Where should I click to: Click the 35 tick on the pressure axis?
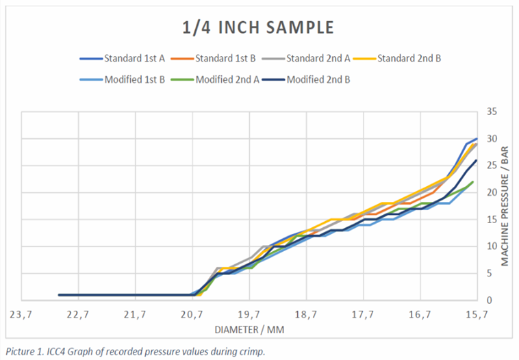click(491, 112)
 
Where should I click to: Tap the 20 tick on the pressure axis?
click(491, 192)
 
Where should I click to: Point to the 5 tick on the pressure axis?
click(488, 273)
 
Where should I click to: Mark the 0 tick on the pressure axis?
click(488, 300)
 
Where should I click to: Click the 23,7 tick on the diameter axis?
click(21, 315)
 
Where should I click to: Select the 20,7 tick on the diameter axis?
click(192, 315)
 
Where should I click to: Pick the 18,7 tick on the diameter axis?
click(306, 315)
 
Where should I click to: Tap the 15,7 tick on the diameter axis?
click(477, 315)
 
